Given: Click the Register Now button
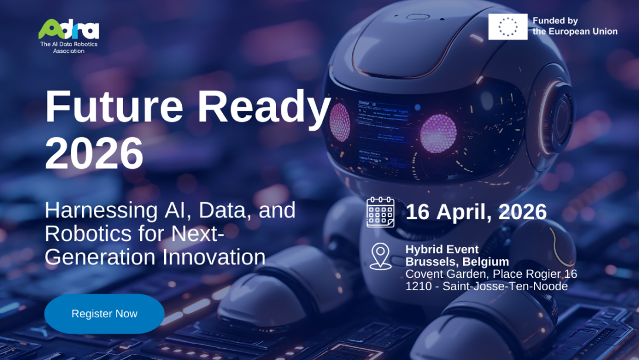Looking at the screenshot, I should [x=104, y=314].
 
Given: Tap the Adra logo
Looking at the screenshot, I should [x=69, y=29].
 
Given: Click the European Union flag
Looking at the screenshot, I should [x=508, y=27].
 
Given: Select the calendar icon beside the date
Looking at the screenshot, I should [x=380, y=212].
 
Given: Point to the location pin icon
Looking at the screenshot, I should [x=380, y=256].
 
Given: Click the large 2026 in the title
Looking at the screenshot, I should [x=94, y=154].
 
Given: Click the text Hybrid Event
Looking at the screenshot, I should [x=442, y=249].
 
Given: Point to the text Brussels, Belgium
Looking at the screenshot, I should [x=457, y=261].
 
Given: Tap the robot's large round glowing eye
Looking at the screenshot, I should [x=438, y=133].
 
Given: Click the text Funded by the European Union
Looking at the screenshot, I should [x=575, y=26].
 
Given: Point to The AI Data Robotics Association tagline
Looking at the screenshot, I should [x=69, y=47].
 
